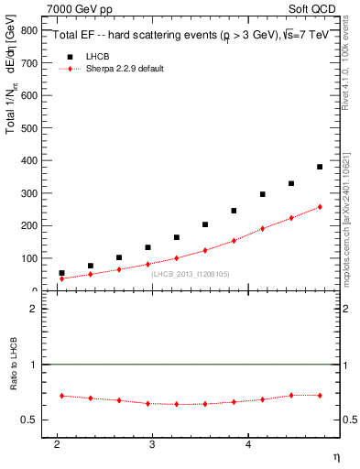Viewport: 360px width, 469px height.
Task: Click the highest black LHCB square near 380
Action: pyautogui.click(x=320, y=167)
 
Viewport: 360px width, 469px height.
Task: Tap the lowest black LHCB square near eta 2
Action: pyautogui.click(x=61, y=273)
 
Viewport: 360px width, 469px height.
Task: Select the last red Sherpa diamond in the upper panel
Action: pyautogui.click(x=320, y=207)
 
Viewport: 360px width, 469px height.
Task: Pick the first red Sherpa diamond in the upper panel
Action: pyautogui.click(x=61, y=278)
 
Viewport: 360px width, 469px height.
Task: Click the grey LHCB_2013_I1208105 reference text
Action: pyautogui.click(x=190, y=274)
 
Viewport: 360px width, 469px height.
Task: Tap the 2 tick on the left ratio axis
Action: pyautogui.click(x=36, y=309)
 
